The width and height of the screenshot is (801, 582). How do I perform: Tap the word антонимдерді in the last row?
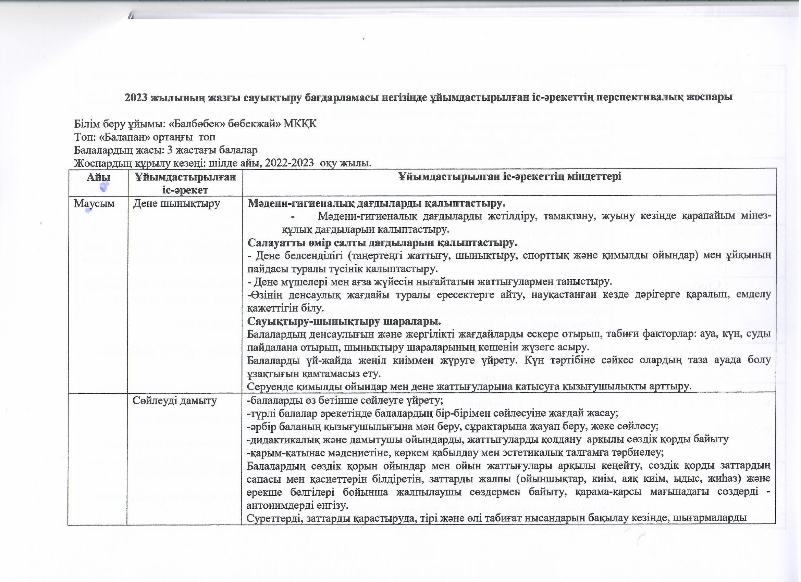pyautogui.click(x=279, y=505)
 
